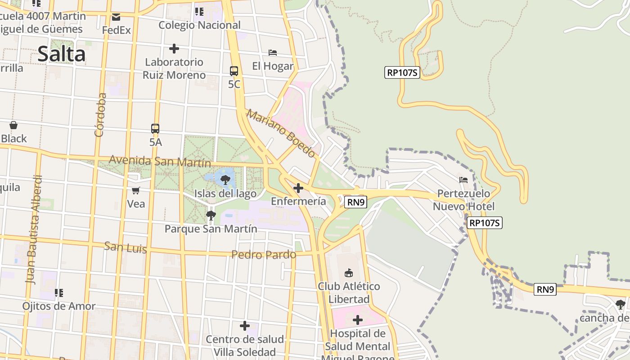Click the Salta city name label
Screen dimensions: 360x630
[62, 54]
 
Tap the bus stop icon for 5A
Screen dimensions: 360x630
[155, 129]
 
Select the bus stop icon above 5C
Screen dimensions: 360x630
[234, 71]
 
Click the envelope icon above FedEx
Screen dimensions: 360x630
[116, 18]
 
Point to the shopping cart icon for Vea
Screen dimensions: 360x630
[136, 190]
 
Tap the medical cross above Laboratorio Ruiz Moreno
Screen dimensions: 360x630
[174, 49]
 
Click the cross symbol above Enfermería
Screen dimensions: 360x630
[298, 188]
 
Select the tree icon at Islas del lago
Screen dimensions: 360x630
[225, 180]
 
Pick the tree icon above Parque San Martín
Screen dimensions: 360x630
[211, 216]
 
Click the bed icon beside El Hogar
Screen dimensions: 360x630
[273, 53]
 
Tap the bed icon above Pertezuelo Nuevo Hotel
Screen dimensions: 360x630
[463, 180]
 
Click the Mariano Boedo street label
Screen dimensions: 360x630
[281, 133]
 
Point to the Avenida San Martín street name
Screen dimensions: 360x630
[160, 161]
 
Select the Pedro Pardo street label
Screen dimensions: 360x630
[264, 255]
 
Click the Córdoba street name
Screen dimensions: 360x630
[100, 114]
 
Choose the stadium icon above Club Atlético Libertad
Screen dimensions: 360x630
[349, 273]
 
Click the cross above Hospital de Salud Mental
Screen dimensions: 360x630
[358, 320]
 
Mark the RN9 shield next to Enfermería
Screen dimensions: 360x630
[355, 202]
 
